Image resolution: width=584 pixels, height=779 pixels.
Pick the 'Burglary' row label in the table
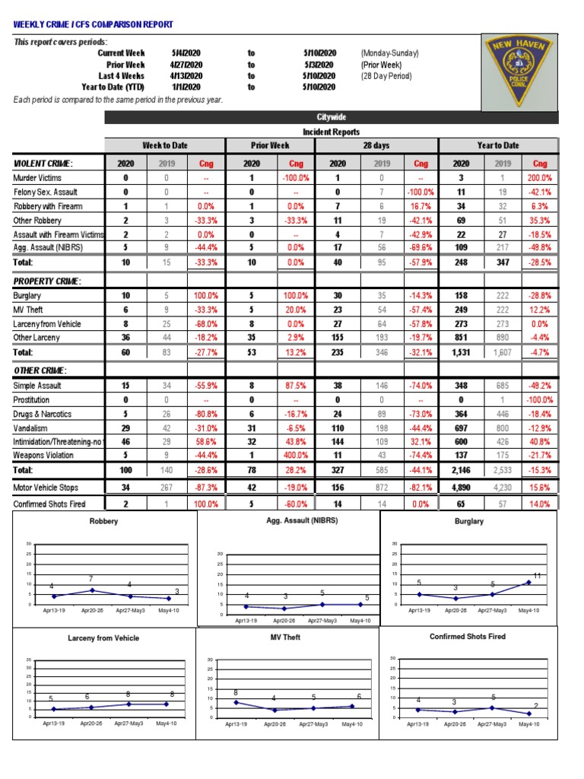click(27, 295)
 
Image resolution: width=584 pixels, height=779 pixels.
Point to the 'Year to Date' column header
click(498, 145)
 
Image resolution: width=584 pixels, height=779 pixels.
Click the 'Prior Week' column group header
click(270, 145)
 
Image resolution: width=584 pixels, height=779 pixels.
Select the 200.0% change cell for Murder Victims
click(540, 178)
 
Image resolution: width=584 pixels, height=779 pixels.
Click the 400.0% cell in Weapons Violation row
click(297, 456)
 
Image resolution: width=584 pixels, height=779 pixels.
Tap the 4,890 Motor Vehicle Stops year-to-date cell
click(461, 488)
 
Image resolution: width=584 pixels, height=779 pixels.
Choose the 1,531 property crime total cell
click(461, 353)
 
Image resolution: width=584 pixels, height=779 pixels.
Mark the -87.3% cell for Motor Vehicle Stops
click(206, 488)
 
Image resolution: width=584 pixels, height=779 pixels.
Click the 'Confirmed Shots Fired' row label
click(49, 504)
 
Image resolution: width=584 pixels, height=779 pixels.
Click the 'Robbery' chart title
click(103, 523)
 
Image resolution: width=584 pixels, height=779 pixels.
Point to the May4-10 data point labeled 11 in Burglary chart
click(528, 583)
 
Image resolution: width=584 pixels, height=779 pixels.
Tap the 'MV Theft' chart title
click(287, 637)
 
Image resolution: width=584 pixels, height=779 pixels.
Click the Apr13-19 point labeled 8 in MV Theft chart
click(236, 701)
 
